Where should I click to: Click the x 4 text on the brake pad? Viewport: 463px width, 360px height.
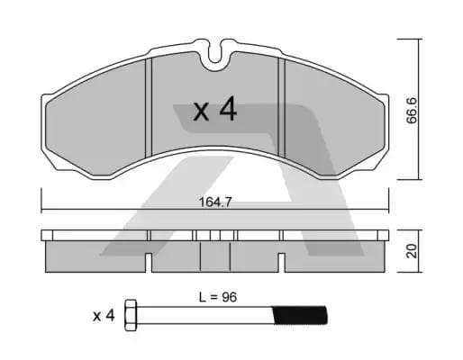click(215, 111)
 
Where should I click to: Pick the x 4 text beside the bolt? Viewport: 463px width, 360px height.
click(104, 315)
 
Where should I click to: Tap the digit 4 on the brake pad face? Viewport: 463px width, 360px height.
click(227, 111)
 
